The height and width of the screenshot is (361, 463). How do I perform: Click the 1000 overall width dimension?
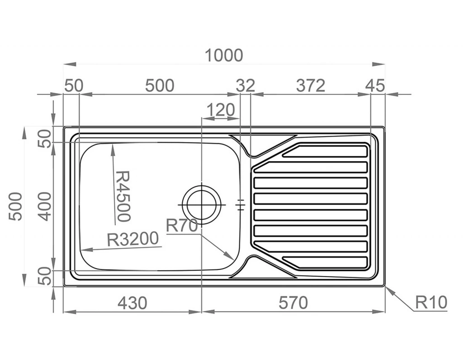click(224, 56)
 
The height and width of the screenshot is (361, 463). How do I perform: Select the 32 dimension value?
click(246, 85)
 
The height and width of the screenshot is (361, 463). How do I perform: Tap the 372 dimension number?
click(311, 85)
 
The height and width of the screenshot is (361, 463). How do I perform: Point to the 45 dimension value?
click(375, 85)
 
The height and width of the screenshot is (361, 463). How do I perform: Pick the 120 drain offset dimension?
click(220, 110)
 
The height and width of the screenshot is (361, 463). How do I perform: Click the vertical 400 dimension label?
click(44, 206)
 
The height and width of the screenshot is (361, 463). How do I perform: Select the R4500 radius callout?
click(123, 196)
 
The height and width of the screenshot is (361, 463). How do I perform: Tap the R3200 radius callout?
click(133, 239)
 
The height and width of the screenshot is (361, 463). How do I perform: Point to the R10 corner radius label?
click(430, 302)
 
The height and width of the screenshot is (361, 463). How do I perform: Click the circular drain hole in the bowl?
click(201, 204)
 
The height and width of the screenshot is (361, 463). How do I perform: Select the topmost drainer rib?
click(326, 151)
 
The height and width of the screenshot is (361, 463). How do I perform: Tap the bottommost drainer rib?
click(326, 262)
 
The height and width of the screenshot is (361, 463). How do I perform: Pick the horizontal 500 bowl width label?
click(159, 85)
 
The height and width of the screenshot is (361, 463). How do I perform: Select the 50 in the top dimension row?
click(73, 85)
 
